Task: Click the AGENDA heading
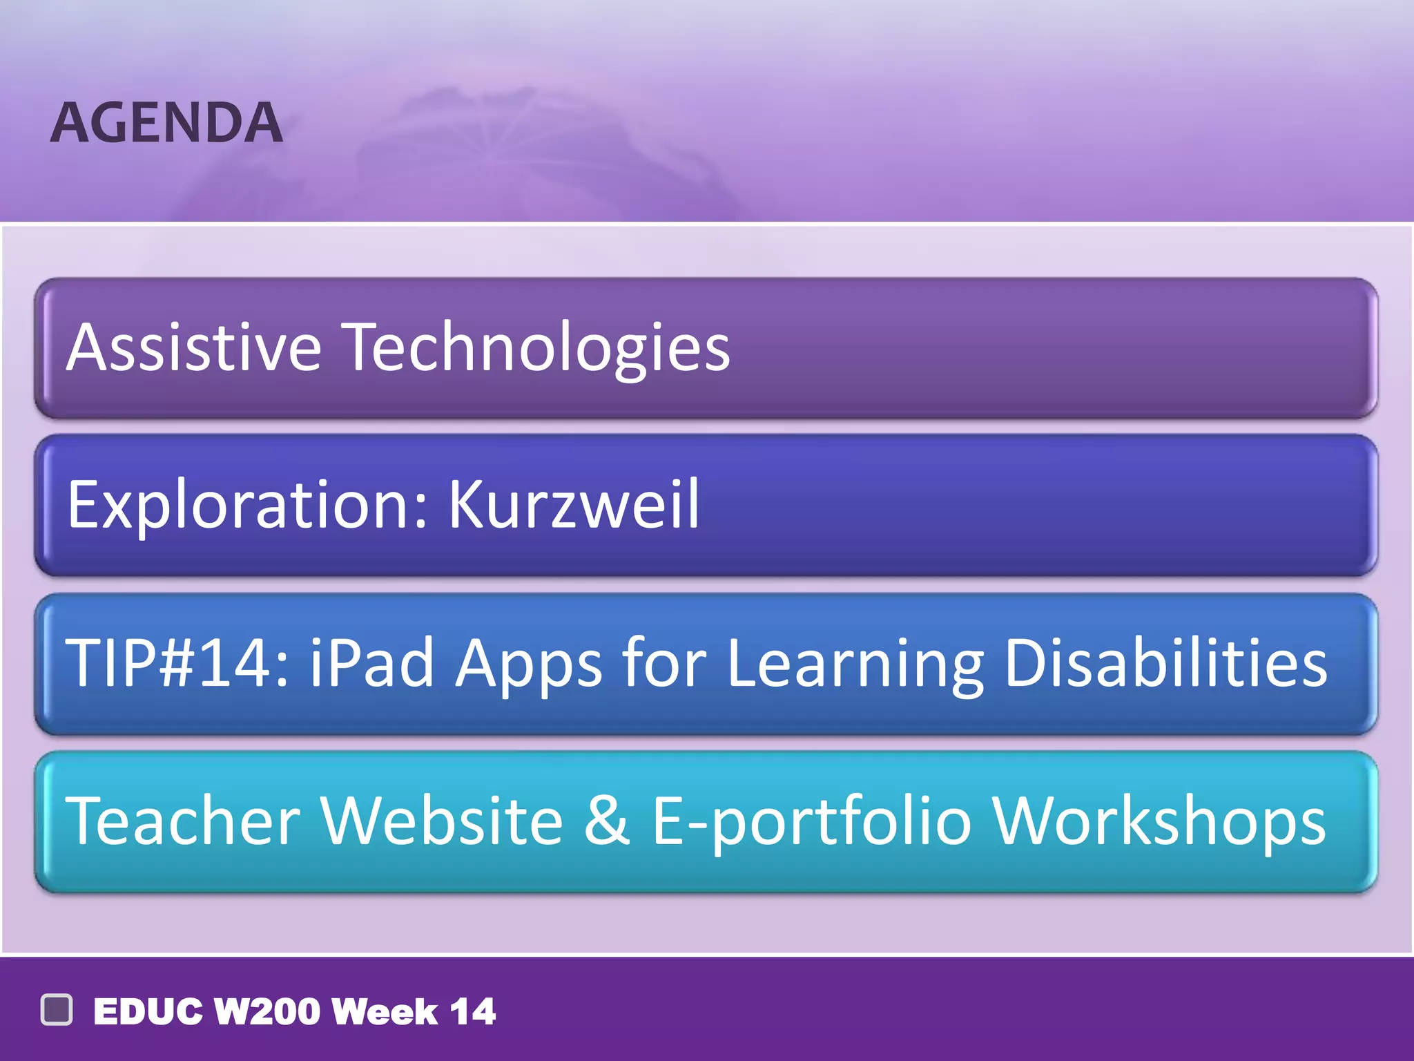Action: [x=166, y=123]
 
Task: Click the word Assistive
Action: [x=193, y=347]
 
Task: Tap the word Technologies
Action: [x=536, y=347]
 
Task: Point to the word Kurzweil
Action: [x=574, y=504]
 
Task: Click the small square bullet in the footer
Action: [x=57, y=1010]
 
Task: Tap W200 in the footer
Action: [x=268, y=1012]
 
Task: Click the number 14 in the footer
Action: [x=472, y=1012]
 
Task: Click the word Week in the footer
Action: [x=385, y=1012]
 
